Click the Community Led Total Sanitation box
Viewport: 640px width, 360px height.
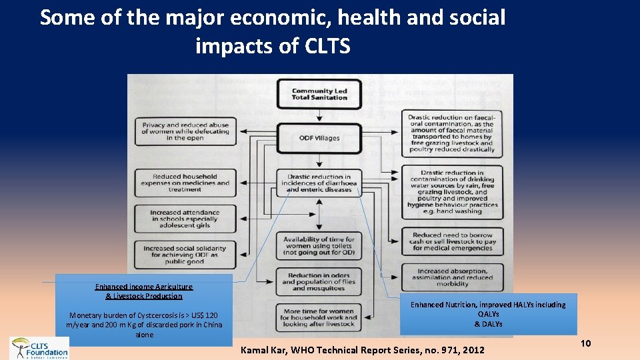pos(319,94)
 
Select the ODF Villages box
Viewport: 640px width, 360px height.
pos(319,138)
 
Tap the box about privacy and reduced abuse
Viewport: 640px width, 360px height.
pos(185,131)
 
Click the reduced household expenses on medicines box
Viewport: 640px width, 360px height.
pos(185,183)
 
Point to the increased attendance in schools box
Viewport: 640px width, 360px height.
pos(185,219)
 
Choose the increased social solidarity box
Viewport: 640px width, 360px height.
pos(185,255)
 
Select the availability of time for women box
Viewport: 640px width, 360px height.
pos(319,246)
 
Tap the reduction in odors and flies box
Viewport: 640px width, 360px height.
pos(319,282)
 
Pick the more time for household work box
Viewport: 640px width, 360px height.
pos(319,317)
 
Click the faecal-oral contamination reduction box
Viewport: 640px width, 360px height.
pos(451,132)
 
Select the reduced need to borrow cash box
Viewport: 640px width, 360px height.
pos(451,241)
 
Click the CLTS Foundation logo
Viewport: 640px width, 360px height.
pos(39,348)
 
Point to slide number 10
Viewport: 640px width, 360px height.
pos(586,343)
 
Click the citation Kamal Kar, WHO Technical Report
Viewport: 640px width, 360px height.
pos(362,349)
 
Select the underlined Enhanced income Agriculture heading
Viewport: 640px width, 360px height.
pos(144,291)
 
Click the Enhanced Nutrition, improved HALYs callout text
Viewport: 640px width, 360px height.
pos(488,314)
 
